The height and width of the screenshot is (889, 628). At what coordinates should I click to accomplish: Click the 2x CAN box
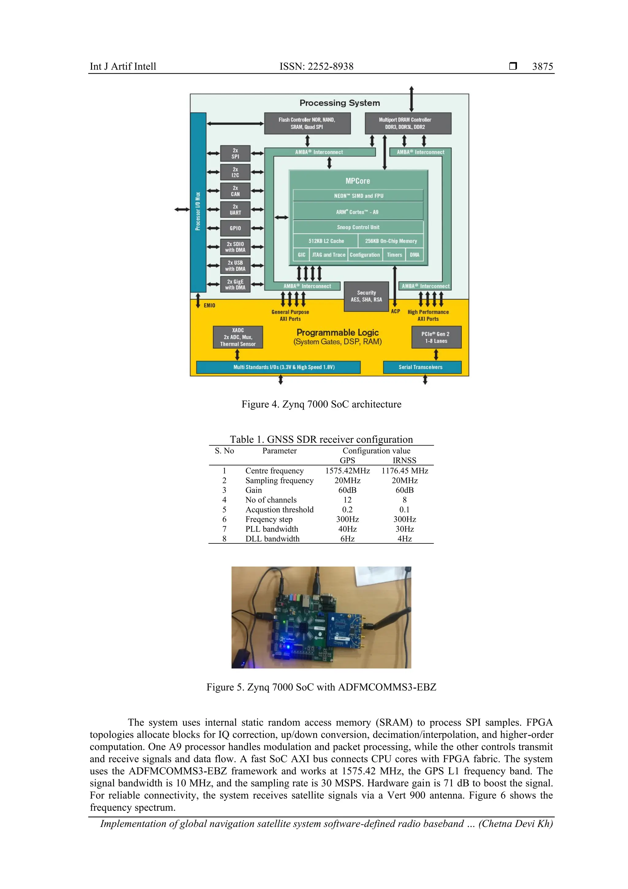pyautogui.click(x=235, y=191)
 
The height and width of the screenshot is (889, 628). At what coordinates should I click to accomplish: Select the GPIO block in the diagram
pyautogui.click(x=235, y=228)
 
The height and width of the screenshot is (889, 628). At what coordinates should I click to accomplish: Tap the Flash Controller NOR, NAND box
pyautogui.click(x=307, y=123)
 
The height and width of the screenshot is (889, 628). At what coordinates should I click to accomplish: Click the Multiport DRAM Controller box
pyautogui.click(x=408, y=123)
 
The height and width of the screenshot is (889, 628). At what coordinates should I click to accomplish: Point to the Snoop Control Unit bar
pyautogui.click(x=358, y=227)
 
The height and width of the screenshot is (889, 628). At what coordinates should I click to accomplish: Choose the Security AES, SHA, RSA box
pyautogui.click(x=366, y=296)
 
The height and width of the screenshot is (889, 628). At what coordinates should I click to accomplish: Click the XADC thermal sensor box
pyautogui.click(x=238, y=337)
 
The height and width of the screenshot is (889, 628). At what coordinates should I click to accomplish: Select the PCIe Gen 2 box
pyautogui.click(x=436, y=337)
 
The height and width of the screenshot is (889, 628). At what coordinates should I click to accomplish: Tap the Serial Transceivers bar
pyautogui.click(x=422, y=367)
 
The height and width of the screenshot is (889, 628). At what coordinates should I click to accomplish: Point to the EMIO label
pyautogui.click(x=209, y=306)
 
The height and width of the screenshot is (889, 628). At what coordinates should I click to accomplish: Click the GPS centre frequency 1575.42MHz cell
pyautogui.click(x=347, y=471)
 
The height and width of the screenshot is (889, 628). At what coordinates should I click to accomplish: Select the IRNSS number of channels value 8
pyautogui.click(x=404, y=500)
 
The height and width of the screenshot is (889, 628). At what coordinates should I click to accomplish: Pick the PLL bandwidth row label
pyautogui.click(x=272, y=529)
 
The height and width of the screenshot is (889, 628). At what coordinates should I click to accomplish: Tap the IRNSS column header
pyautogui.click(x=404, y=460)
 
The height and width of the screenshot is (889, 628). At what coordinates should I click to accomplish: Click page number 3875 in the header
pyautogui.click(x=542, y=67)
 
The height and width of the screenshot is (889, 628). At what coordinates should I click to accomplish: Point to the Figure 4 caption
pyautogui.click(x=321, y=404)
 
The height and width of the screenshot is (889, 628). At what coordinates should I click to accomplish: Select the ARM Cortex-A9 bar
pyautogui.click(x=358, y=212)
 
